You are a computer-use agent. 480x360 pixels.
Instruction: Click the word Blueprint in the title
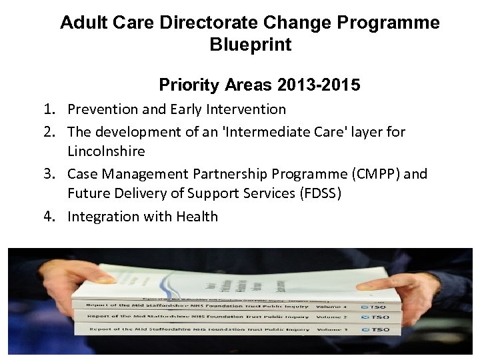point(250,45)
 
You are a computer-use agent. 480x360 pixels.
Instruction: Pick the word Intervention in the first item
point(245,109)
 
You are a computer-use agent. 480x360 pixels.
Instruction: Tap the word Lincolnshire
point(106,151)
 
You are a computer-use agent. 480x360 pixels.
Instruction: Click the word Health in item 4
point(197,217)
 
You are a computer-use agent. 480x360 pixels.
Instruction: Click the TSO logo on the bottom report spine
point(377,329)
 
